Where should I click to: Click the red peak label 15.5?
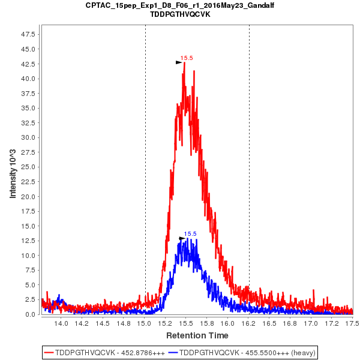187,58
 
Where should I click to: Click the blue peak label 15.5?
190,234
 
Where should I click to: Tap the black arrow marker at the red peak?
178,62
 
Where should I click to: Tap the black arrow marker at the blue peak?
182,238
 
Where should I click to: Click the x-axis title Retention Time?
197,335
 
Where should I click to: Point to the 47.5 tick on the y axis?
28,34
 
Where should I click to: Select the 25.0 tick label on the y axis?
28,167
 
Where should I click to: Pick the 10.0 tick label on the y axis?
28,255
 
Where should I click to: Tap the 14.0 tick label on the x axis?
61,323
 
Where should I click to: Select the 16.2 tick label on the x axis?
248,323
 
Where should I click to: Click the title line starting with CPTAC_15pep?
180,5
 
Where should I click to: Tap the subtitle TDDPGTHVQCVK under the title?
180,14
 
